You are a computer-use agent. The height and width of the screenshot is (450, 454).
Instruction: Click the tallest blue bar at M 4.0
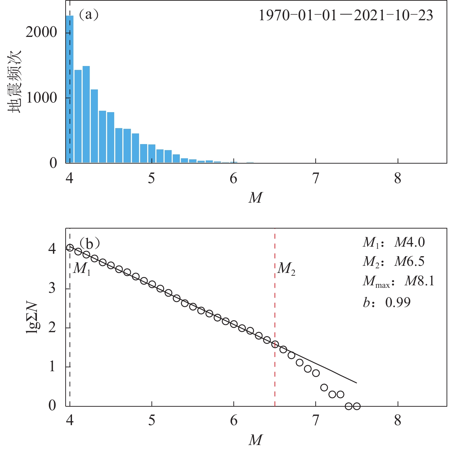tap(70, 89)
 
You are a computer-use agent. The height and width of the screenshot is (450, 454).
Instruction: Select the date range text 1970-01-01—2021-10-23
tap(346, 16)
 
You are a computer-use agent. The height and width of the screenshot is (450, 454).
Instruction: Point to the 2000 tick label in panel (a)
tap(41, 32)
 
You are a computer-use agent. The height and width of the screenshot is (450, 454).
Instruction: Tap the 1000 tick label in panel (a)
tap(41, 98)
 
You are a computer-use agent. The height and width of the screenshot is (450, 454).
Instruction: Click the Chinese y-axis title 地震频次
tap(15, 82)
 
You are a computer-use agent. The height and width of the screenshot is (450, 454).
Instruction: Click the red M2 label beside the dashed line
tap(286, 268)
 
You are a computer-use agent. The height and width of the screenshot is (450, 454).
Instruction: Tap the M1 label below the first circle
tap(82, 268)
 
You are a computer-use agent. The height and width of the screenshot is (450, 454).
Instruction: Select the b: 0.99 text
tap(387, 302)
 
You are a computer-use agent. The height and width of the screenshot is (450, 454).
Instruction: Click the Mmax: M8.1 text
tap(398, 282)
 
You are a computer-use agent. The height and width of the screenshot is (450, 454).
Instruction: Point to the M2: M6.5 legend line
tap(393, 262)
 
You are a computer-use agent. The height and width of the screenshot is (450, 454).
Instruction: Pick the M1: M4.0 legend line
tap(393, 242)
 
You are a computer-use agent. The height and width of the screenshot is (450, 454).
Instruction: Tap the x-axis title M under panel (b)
tap(255, 440)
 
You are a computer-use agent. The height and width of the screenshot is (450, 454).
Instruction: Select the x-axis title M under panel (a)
tap(255, 198)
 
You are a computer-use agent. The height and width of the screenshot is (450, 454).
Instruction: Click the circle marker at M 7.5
tap(357, 406)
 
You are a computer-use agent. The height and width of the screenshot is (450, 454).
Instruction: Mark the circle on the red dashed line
tap(275, 344)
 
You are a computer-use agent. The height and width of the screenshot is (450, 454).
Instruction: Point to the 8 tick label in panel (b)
tap(398, 421)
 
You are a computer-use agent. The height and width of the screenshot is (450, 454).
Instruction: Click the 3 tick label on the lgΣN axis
tap(52, 288)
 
